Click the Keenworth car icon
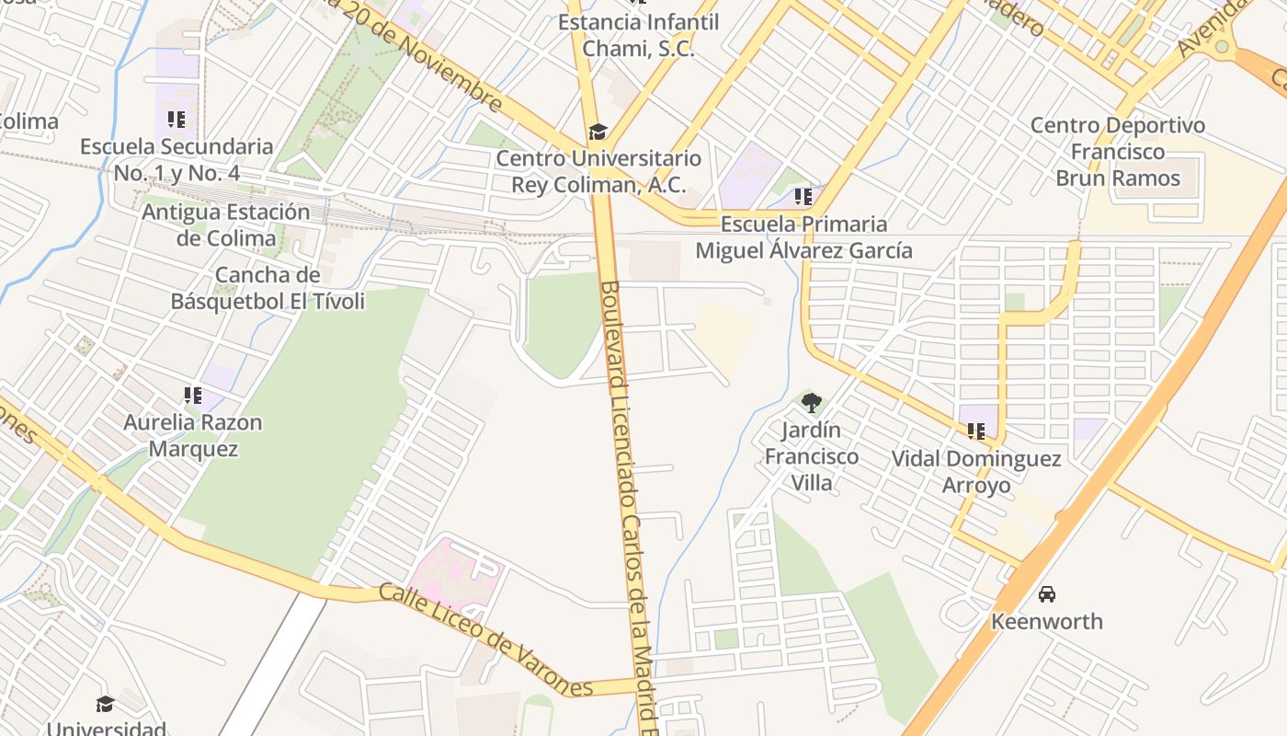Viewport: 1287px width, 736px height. [1046, 593]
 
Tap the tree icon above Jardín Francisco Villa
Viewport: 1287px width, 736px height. [811, 402]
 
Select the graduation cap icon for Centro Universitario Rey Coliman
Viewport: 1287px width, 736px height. [598, 132]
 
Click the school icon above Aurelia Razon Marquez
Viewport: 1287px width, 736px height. [192, 396]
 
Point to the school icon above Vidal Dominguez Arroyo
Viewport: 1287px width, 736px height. [975, 431]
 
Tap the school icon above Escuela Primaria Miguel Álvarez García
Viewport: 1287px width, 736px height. [803, 196]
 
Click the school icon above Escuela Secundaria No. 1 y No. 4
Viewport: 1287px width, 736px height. [177, 119]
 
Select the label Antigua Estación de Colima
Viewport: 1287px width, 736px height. [225, 224]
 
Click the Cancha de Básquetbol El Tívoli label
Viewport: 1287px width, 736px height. [268, 288]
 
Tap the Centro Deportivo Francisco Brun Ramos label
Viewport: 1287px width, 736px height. [1117, 152]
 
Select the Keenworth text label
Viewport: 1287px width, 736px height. [1046, 622]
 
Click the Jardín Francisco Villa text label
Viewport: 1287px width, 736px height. [812, 456]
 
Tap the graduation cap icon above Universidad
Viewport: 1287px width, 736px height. [105, 704]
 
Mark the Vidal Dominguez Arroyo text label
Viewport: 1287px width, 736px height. [975, 471]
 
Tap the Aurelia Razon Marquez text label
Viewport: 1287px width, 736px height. [193, 436]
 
